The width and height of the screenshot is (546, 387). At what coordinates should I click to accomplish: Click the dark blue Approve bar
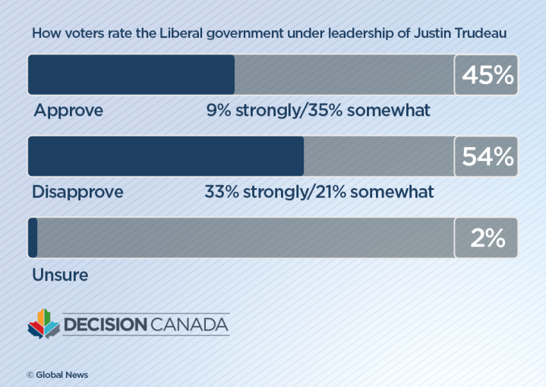131,74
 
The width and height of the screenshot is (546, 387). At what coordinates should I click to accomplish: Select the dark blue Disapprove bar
166,156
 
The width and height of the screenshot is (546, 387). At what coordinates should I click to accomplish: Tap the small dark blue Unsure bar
33,238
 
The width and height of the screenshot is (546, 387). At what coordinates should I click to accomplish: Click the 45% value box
486,74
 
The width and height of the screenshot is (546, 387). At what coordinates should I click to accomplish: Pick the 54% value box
486,156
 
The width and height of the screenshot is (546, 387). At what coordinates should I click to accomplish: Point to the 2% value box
486,238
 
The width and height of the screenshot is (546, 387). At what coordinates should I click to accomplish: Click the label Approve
68,111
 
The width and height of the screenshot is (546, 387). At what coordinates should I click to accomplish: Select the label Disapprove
77,193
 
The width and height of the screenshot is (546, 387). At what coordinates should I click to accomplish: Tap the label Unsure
60,275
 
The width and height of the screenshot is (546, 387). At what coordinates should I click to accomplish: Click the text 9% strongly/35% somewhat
318,111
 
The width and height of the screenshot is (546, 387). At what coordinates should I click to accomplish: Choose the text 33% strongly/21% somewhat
319,193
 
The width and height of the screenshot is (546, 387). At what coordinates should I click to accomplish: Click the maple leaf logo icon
43,324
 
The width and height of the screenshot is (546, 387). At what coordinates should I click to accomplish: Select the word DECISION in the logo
106,325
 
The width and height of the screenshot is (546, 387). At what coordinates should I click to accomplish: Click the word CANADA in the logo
190,325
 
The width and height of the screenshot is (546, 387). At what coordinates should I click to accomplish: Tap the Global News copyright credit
58,375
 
